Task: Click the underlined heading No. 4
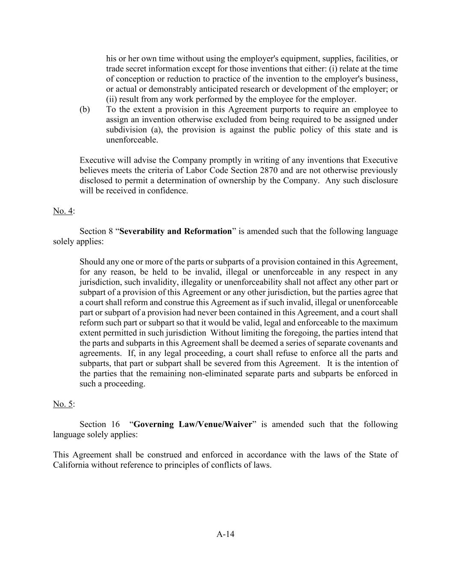63,211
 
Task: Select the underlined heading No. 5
63,404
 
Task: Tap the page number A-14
225,534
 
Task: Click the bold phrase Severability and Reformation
176,231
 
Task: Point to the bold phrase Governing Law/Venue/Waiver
193,425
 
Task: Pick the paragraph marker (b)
85,110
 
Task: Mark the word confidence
169,191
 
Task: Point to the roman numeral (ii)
113,100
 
